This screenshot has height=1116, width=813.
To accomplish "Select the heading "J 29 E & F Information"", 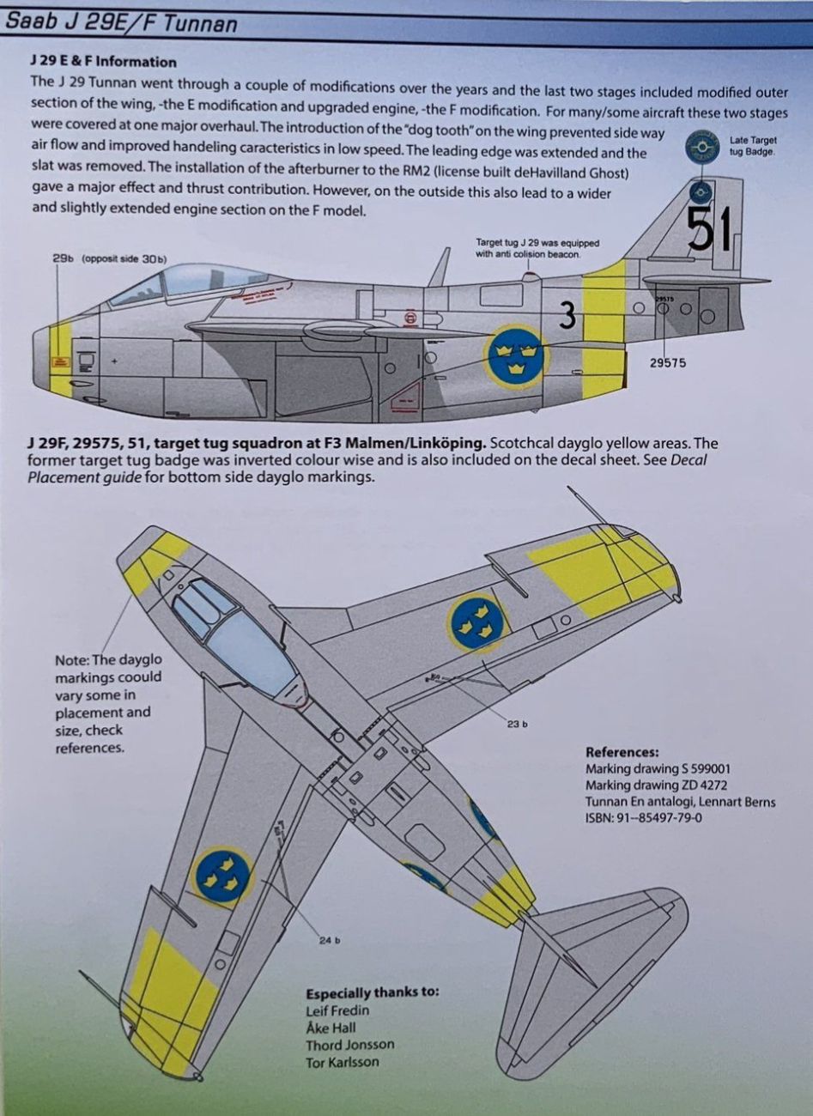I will coord(102,62).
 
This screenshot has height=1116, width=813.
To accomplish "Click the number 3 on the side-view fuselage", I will coord(566,317).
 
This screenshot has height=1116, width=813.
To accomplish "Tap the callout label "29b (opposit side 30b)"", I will coord(109,259).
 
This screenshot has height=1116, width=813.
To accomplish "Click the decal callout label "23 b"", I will coord(517,725).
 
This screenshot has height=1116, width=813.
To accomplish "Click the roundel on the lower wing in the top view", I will coord(221,875).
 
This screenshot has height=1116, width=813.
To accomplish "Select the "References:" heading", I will coord(622,752).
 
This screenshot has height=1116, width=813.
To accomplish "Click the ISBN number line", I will coord(643,818).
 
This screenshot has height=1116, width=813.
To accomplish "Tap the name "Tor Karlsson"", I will coord(342,1062).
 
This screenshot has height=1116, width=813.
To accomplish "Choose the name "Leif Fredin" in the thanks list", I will coord(337,1010).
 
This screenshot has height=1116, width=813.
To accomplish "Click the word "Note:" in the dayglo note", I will coord(71,660).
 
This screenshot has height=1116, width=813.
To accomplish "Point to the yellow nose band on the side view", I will coord(60,358).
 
